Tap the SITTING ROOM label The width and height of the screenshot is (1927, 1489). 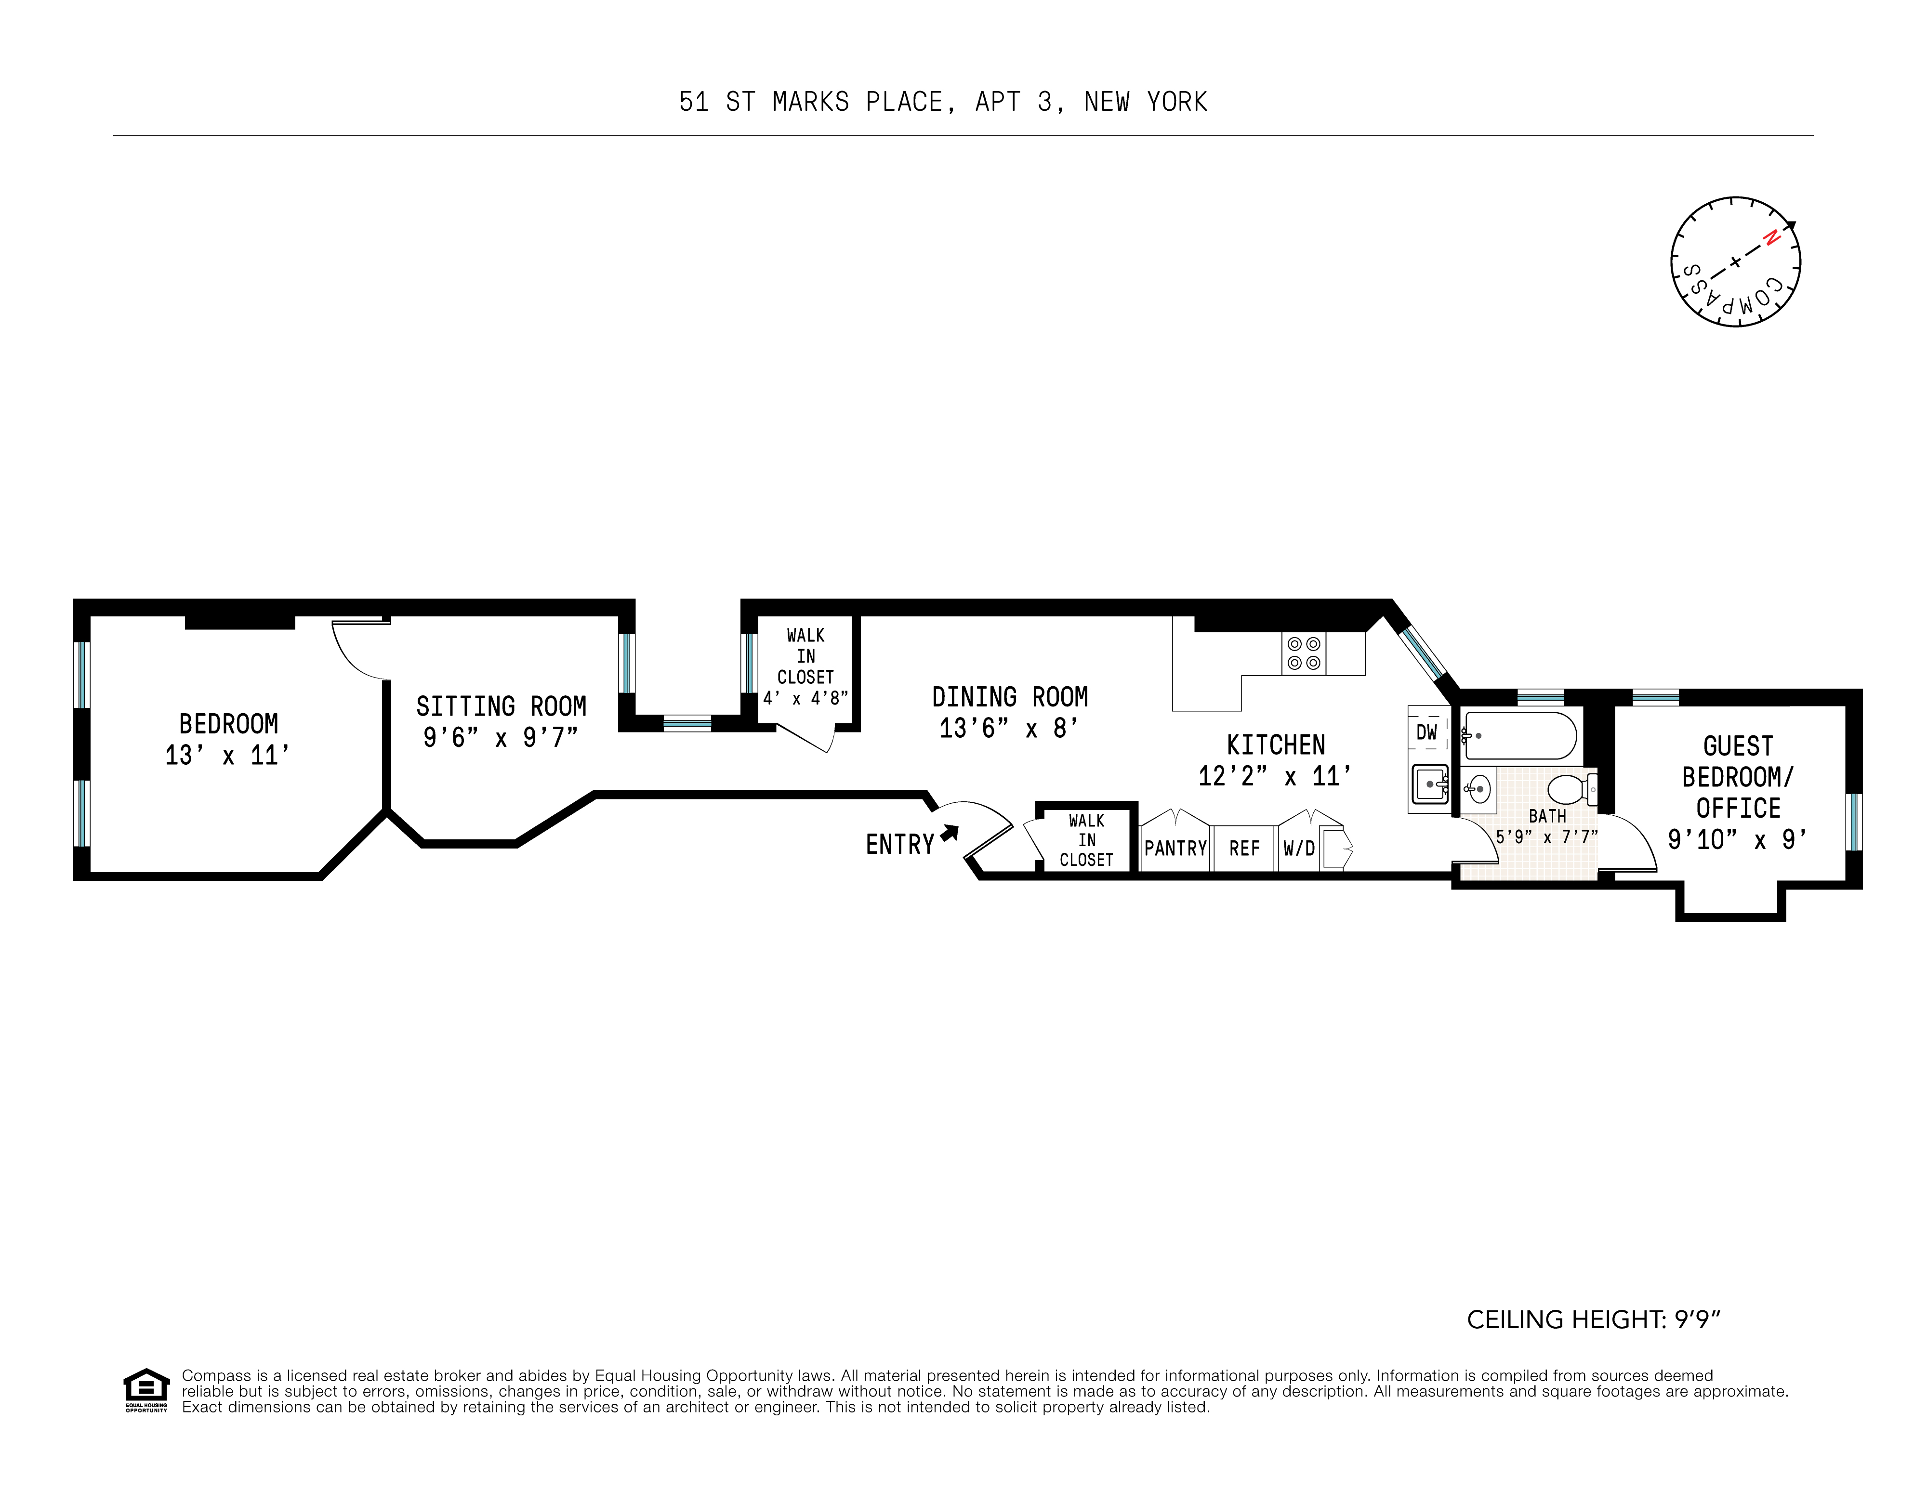(500, 706)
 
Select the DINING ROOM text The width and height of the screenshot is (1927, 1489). (1009, 698)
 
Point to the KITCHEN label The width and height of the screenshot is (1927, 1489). (1275, 745)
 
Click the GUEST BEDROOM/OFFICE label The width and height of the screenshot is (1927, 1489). (1737, 777)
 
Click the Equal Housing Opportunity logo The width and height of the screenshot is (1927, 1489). (145, 1389)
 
